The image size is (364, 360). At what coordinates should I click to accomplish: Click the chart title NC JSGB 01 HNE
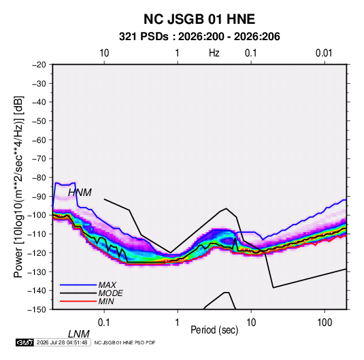[x=199, y=19]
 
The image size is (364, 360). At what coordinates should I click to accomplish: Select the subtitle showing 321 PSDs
[x=199, y=37]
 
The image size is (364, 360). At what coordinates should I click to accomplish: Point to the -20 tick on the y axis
[x=39, y=65]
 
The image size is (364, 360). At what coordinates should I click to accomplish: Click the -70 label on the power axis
[x=39, y=159]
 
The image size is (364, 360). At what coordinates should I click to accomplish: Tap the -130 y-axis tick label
[x=37, y=272]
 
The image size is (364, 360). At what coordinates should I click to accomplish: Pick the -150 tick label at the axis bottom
[x=37, y=310]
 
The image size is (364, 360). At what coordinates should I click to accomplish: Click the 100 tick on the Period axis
[x=325, y=323]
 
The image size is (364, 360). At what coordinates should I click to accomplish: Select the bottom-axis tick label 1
[x=178, y=323]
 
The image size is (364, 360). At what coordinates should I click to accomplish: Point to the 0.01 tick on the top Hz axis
[x=324, y=53]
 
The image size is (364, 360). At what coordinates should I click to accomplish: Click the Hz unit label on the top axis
[x=214, y=53]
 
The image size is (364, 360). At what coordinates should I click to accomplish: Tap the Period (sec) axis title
[x=214, y=330]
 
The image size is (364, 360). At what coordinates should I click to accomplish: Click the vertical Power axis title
[x=18, y=186]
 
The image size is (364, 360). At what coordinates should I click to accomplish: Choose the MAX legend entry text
[x=107, y=285]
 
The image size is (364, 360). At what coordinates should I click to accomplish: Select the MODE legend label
[x=110, y=293]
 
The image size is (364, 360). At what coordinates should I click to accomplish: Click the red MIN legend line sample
[x=78, y=301]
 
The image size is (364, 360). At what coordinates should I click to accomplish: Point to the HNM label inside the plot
[x=80, y=193]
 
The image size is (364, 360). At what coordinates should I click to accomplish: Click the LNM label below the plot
[x=79, y=334]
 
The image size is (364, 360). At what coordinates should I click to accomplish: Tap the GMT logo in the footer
[x=25, y=342]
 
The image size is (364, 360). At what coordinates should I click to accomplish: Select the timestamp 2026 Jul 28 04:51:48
[x=62, y=342]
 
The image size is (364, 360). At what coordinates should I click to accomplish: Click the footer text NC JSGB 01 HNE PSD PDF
[x=125, y=342]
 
